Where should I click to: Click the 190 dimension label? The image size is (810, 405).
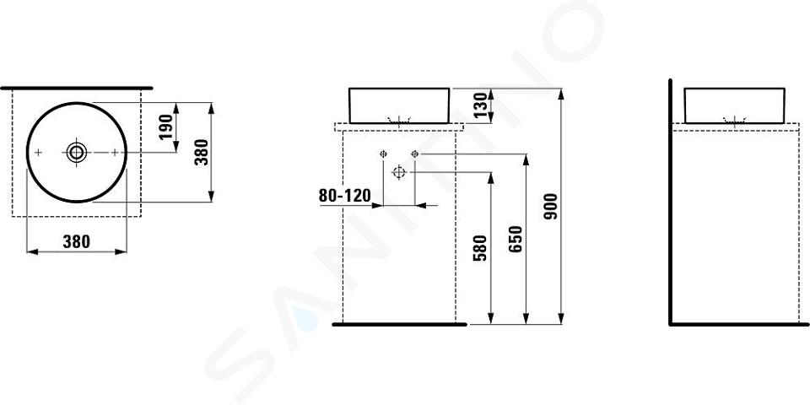tap(166, 127)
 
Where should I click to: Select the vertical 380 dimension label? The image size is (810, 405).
tap(202, 152)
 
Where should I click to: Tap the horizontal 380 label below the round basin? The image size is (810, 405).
tap(77, 241)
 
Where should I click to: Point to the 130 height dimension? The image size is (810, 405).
tap(480, 105)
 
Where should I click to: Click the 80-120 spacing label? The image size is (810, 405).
tap(345, 196)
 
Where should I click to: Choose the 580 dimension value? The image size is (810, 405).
tap(480, 247)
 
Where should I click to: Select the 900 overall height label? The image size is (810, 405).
tap(551, 206)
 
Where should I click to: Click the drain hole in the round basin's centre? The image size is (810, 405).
tap(77, 152)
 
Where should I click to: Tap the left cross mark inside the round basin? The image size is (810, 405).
tap(38, 152)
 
